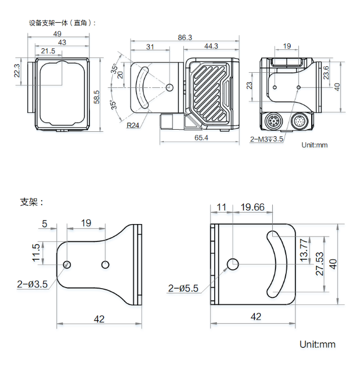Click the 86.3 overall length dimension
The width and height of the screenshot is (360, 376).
click(x=185, y=37)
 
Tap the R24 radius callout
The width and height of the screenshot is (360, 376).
click(x=133, y=125)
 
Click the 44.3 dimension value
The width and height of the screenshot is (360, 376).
click(x=211, y=46)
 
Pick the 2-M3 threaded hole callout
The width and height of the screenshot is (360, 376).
click(x=267, y=139)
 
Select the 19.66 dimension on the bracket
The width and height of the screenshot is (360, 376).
click(x=252, y=207)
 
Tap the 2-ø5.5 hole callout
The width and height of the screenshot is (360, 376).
click(x=184, y=288)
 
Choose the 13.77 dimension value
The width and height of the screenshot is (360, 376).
click(x=304, y=249)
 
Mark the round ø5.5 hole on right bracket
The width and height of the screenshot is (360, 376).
click(x=233, y=264)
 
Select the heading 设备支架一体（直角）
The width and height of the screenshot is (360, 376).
click(x=62, y=23)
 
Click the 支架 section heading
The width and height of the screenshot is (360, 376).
click(x=31, y=202)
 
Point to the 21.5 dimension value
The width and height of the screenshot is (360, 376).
click(x=48, y=51)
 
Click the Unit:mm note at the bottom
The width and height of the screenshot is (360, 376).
click(x=317, y=345)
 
